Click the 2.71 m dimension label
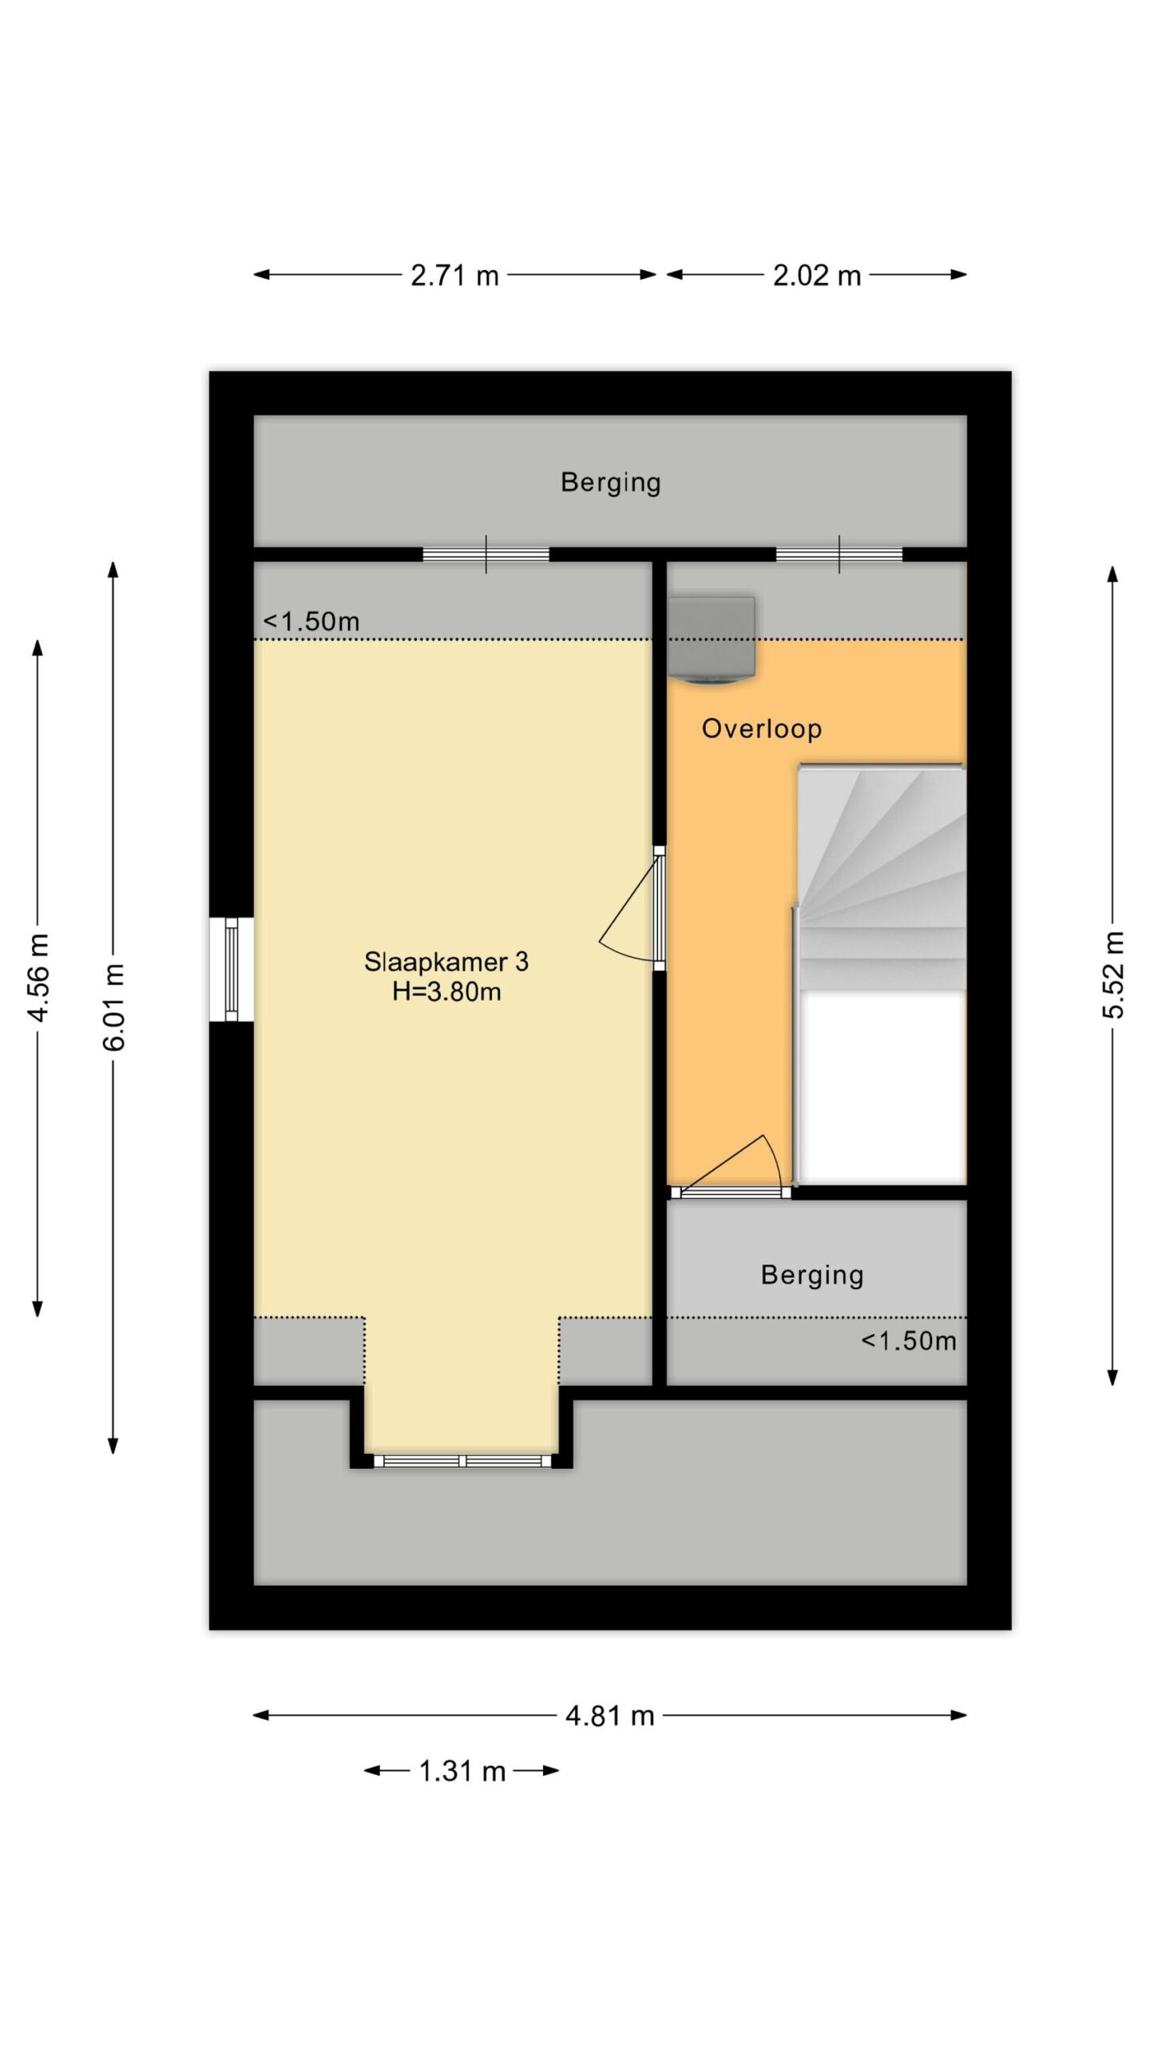click(x=454, y=276)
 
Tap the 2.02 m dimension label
click(x=816, y=276)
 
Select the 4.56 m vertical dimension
click(x=38, y=976)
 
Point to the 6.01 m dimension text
click(x=114, y=1007)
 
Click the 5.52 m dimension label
click(x=1113, y=975)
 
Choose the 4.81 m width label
click(x=609, y=1715)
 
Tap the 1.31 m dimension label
click(x=462, y=1771)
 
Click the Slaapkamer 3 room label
click(x=446, y=961)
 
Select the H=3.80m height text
click(x=446, y=992)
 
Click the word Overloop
click(x=762, y=729)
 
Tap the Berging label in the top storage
click(x=611, y=482)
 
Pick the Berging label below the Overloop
click(x=812, y=1275)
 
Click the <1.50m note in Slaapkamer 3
click(x=311, y=621)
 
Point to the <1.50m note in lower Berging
click(x=909, y=1340)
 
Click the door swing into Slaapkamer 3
click(x=630, y=907)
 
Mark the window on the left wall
click(x=232, y=969)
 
